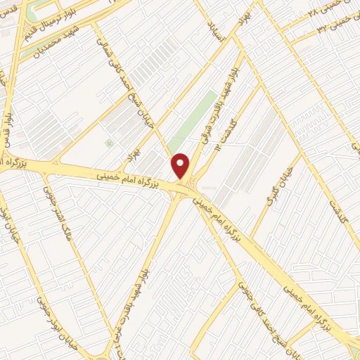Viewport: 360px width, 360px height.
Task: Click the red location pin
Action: (x=181, y=165)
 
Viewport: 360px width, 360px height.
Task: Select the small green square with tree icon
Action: (x=109, y=143)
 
